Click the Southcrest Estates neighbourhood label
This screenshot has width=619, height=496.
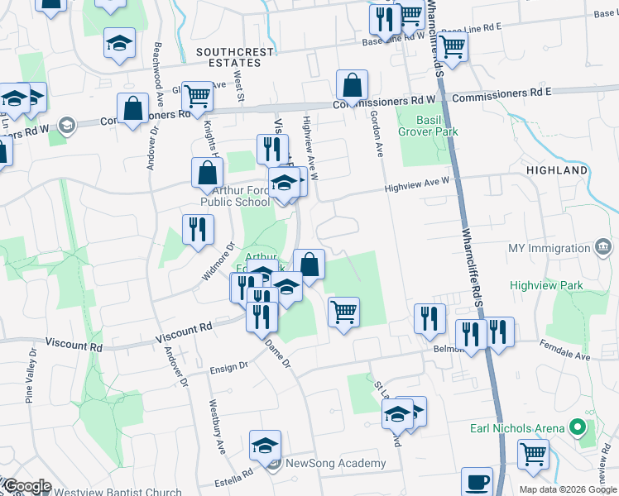[x=235, y=58]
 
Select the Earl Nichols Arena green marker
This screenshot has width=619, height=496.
[x=578, y=428]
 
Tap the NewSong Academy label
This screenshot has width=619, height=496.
[x=335, y=463]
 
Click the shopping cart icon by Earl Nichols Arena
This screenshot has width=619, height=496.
[x=534, y=453]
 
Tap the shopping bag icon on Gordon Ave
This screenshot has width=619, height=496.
[x=352, y=84]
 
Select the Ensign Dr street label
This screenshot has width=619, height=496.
[x=228, y=365]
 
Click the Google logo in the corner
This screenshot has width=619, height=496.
[x=27, y=487]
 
